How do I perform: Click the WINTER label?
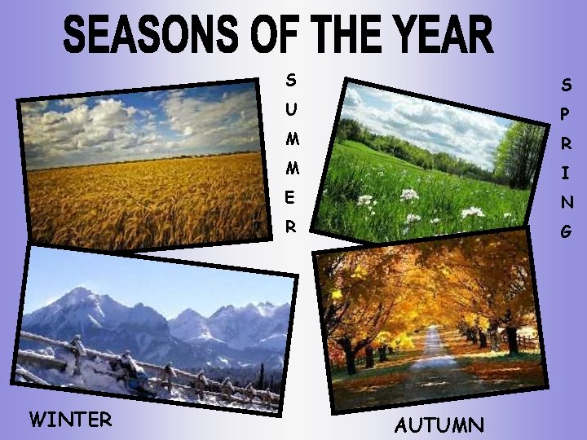pyautogui.click(x=70, y=420)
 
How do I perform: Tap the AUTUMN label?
pyautogui.click(x=439, y=425)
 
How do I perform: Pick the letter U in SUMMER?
pyautogui.click(x=292, y=109)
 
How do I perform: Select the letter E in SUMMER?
pyautogui.click(x=291, y=198)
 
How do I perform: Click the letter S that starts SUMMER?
pyautogui.click(x=291, y=80)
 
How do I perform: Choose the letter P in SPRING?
pyautogui.click(x=566, y=114)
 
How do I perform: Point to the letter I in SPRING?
pyautogui.click(x=566, y=173)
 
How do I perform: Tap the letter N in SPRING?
pyautogui.click(x=566, y=202)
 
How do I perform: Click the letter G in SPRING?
pyautogui.click(x=566, y=232)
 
